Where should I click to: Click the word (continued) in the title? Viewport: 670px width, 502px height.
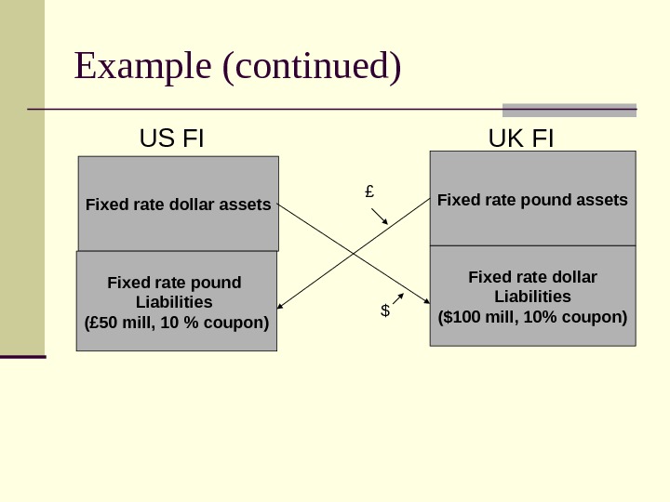click(313, 67)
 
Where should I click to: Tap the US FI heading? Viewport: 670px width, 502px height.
click(171, 139)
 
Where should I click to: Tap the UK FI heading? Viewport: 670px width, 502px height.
click(521, 139)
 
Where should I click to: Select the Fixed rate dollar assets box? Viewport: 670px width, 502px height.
click(178, 204)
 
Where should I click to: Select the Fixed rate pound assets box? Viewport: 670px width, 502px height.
click(532, 199)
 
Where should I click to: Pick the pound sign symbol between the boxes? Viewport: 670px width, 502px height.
click(369, 192)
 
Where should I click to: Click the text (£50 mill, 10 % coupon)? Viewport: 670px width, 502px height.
click(177, 324)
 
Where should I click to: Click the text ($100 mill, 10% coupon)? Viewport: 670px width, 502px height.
click(532, 316)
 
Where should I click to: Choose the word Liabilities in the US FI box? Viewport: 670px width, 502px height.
click(174, 302)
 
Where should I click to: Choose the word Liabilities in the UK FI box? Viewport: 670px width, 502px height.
click(532, 297)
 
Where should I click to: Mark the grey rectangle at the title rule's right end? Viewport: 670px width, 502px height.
click(569, 110)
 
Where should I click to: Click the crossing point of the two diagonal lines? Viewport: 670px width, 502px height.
click(355, 253)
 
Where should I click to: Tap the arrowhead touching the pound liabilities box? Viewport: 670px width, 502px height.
click(280, 305)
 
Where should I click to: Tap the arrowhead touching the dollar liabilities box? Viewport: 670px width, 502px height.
click(426, 301)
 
